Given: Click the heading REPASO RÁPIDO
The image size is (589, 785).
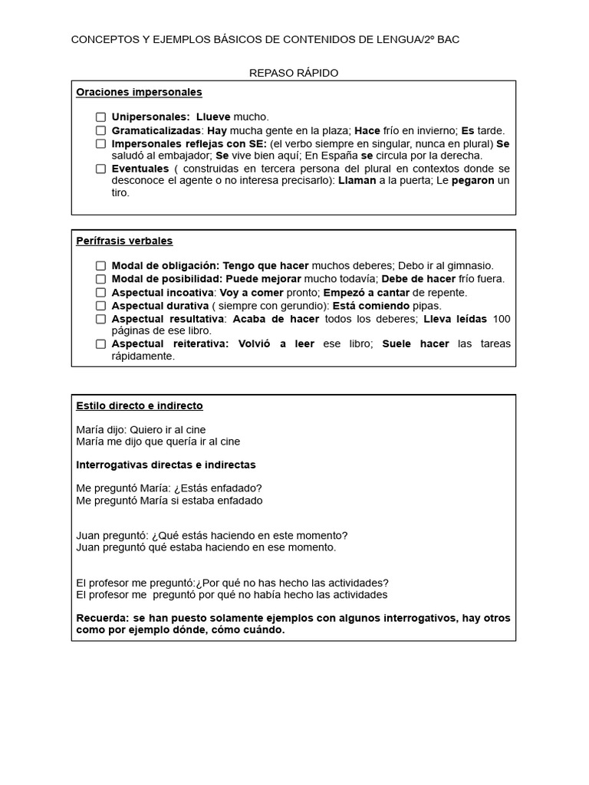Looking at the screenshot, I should point(294,73).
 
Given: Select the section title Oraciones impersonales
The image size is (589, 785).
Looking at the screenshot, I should point(139,92).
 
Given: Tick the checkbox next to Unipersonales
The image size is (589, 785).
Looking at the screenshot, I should point(100,117).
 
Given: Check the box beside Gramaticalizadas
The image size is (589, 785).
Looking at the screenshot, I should point(100,130).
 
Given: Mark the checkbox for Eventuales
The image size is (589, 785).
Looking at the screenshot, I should point(100,169).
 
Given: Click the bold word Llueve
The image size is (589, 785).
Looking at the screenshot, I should point(214,117).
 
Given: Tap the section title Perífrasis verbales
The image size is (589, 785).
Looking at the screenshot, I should point(124,241).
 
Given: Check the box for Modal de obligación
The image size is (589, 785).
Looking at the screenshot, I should point(100,266).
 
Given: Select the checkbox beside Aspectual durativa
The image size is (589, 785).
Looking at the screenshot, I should point(100,306).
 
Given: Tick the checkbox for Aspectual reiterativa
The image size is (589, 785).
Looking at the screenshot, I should point(100,344).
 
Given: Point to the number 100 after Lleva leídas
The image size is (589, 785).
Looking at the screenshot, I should point(502,318).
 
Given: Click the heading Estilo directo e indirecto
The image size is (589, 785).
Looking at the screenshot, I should point(140,406).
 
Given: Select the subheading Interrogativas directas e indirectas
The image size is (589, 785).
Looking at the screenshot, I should point(166,465).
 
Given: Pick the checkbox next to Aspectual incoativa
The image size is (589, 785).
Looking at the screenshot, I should point(100,293).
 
